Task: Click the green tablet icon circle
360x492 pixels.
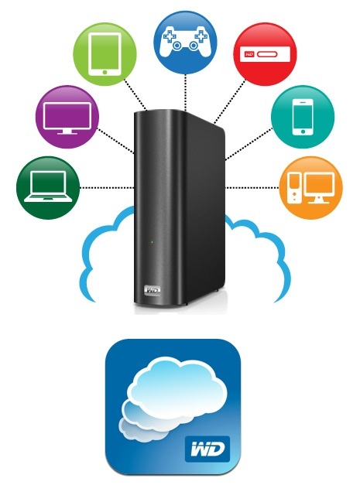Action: [x=105, y=54]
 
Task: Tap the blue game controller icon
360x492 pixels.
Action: [x=185, y=43]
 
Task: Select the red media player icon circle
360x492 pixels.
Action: [x=265, y=54]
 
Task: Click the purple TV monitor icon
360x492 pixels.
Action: [x=67, y=117]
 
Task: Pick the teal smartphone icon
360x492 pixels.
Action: [x=303, y=117]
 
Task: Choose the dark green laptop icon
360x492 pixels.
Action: [x=48, y=188]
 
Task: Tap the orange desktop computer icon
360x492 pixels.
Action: [x=311, y=188]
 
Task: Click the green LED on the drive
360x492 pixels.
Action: [x=152, y=242]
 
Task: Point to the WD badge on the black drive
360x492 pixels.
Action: [x=152, y=291]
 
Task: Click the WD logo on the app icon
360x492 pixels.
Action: [x=207, y=449]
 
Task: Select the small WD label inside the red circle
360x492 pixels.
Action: [x=249, y=54]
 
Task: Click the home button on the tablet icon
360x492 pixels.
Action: [x=105, y=72]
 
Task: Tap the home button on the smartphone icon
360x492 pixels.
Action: [x=303, y=132]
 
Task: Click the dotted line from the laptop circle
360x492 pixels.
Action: [x=107, y=188]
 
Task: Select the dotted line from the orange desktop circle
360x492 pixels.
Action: [x=252, y=188]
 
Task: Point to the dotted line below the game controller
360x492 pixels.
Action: [x=186, y=93]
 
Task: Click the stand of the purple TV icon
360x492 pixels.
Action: [x=67, y=132]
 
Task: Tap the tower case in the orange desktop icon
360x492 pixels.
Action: [x=295, y=188]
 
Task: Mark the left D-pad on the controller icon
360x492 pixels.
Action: [x=169, y=36]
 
